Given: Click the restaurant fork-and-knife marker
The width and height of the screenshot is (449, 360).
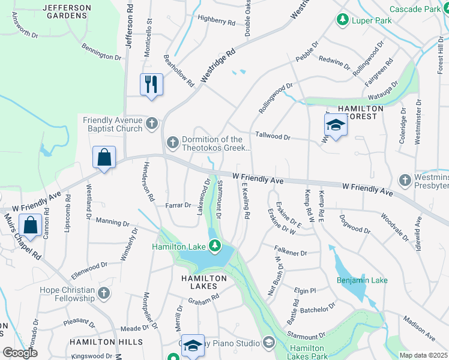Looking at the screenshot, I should point(151,84).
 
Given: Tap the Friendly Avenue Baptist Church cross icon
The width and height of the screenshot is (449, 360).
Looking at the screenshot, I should point(152,124).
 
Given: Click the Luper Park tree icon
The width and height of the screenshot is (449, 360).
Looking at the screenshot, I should point(343,20).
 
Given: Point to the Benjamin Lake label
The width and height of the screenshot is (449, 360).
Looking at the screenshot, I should point(362,280).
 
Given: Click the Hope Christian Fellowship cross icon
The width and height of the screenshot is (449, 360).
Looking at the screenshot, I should point(104,293).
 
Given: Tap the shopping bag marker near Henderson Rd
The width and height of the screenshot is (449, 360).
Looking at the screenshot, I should point(104,158).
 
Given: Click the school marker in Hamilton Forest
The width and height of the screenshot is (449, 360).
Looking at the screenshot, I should point(336,125).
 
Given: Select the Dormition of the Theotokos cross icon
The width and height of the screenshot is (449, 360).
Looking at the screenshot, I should point(173,143).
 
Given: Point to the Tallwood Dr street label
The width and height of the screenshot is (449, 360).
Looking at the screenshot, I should point(273,137).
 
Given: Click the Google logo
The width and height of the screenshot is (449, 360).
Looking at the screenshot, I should point(20,353).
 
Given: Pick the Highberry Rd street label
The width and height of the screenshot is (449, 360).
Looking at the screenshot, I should point(216,22).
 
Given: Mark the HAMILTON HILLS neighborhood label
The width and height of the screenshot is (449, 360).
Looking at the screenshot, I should point(106,341).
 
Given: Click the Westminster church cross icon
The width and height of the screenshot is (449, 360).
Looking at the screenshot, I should point(406,179).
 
